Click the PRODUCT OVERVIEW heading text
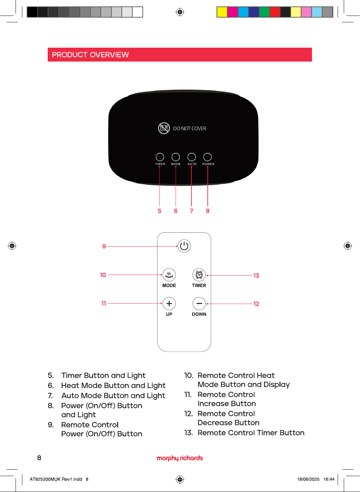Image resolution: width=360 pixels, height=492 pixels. click(x=90, y=55)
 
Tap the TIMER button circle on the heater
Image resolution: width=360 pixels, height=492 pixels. click(x=160, y=157)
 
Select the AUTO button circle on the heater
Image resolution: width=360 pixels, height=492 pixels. click(x=192, y=157)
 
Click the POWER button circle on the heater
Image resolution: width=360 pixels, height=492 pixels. click(x=207, y=157)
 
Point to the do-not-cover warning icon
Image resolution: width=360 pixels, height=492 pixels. click(x=164, y=128)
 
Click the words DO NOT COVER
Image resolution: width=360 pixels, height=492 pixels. click(x=190, y=128)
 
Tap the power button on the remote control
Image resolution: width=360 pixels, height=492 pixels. click(x=184, y=246)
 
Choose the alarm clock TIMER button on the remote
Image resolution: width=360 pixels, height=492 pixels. click(x=199, y=275)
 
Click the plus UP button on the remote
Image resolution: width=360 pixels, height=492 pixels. click(x=169, y=304)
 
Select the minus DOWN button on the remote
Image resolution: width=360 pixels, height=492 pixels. click(x=199, y=304)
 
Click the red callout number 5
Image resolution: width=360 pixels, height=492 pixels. click(x=160, y=211)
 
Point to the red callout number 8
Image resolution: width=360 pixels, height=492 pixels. click(x=208, y=211)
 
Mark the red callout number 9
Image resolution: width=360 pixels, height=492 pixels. click(x=104, y=246)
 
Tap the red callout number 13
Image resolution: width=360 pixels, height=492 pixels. click(x=256, y=276)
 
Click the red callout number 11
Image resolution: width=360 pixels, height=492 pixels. click(x=104, y=303)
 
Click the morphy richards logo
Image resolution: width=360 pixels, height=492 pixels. click(x=180, y=458)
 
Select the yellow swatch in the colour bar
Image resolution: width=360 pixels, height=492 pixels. click(x=222, y=12)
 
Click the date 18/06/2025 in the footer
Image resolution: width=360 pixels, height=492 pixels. click(x=308, y=479)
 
